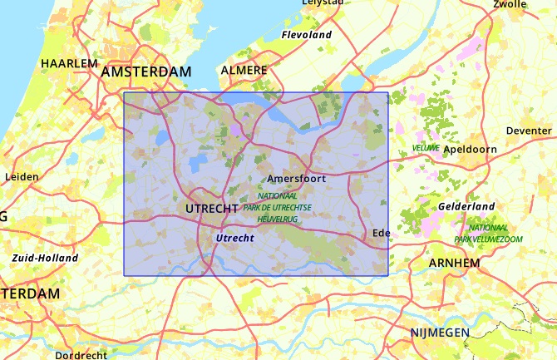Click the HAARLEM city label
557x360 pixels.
tap(69, 63)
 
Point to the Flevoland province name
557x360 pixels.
tap(307, 35)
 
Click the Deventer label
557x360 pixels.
tap(528, 131)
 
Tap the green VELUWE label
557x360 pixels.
tap(426, 148)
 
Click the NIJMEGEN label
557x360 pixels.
tap(440, 333)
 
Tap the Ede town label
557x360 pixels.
tap(382, 232)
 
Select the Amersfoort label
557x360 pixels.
tap(297, 179)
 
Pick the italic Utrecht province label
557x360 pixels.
tap(234, 238)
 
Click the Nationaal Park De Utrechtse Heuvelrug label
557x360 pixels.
tap(278, 207)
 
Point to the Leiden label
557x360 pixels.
tap(22, 176)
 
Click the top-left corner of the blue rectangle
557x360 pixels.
tap(124, 92)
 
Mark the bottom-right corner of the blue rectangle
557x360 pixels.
tap(388, 275)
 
